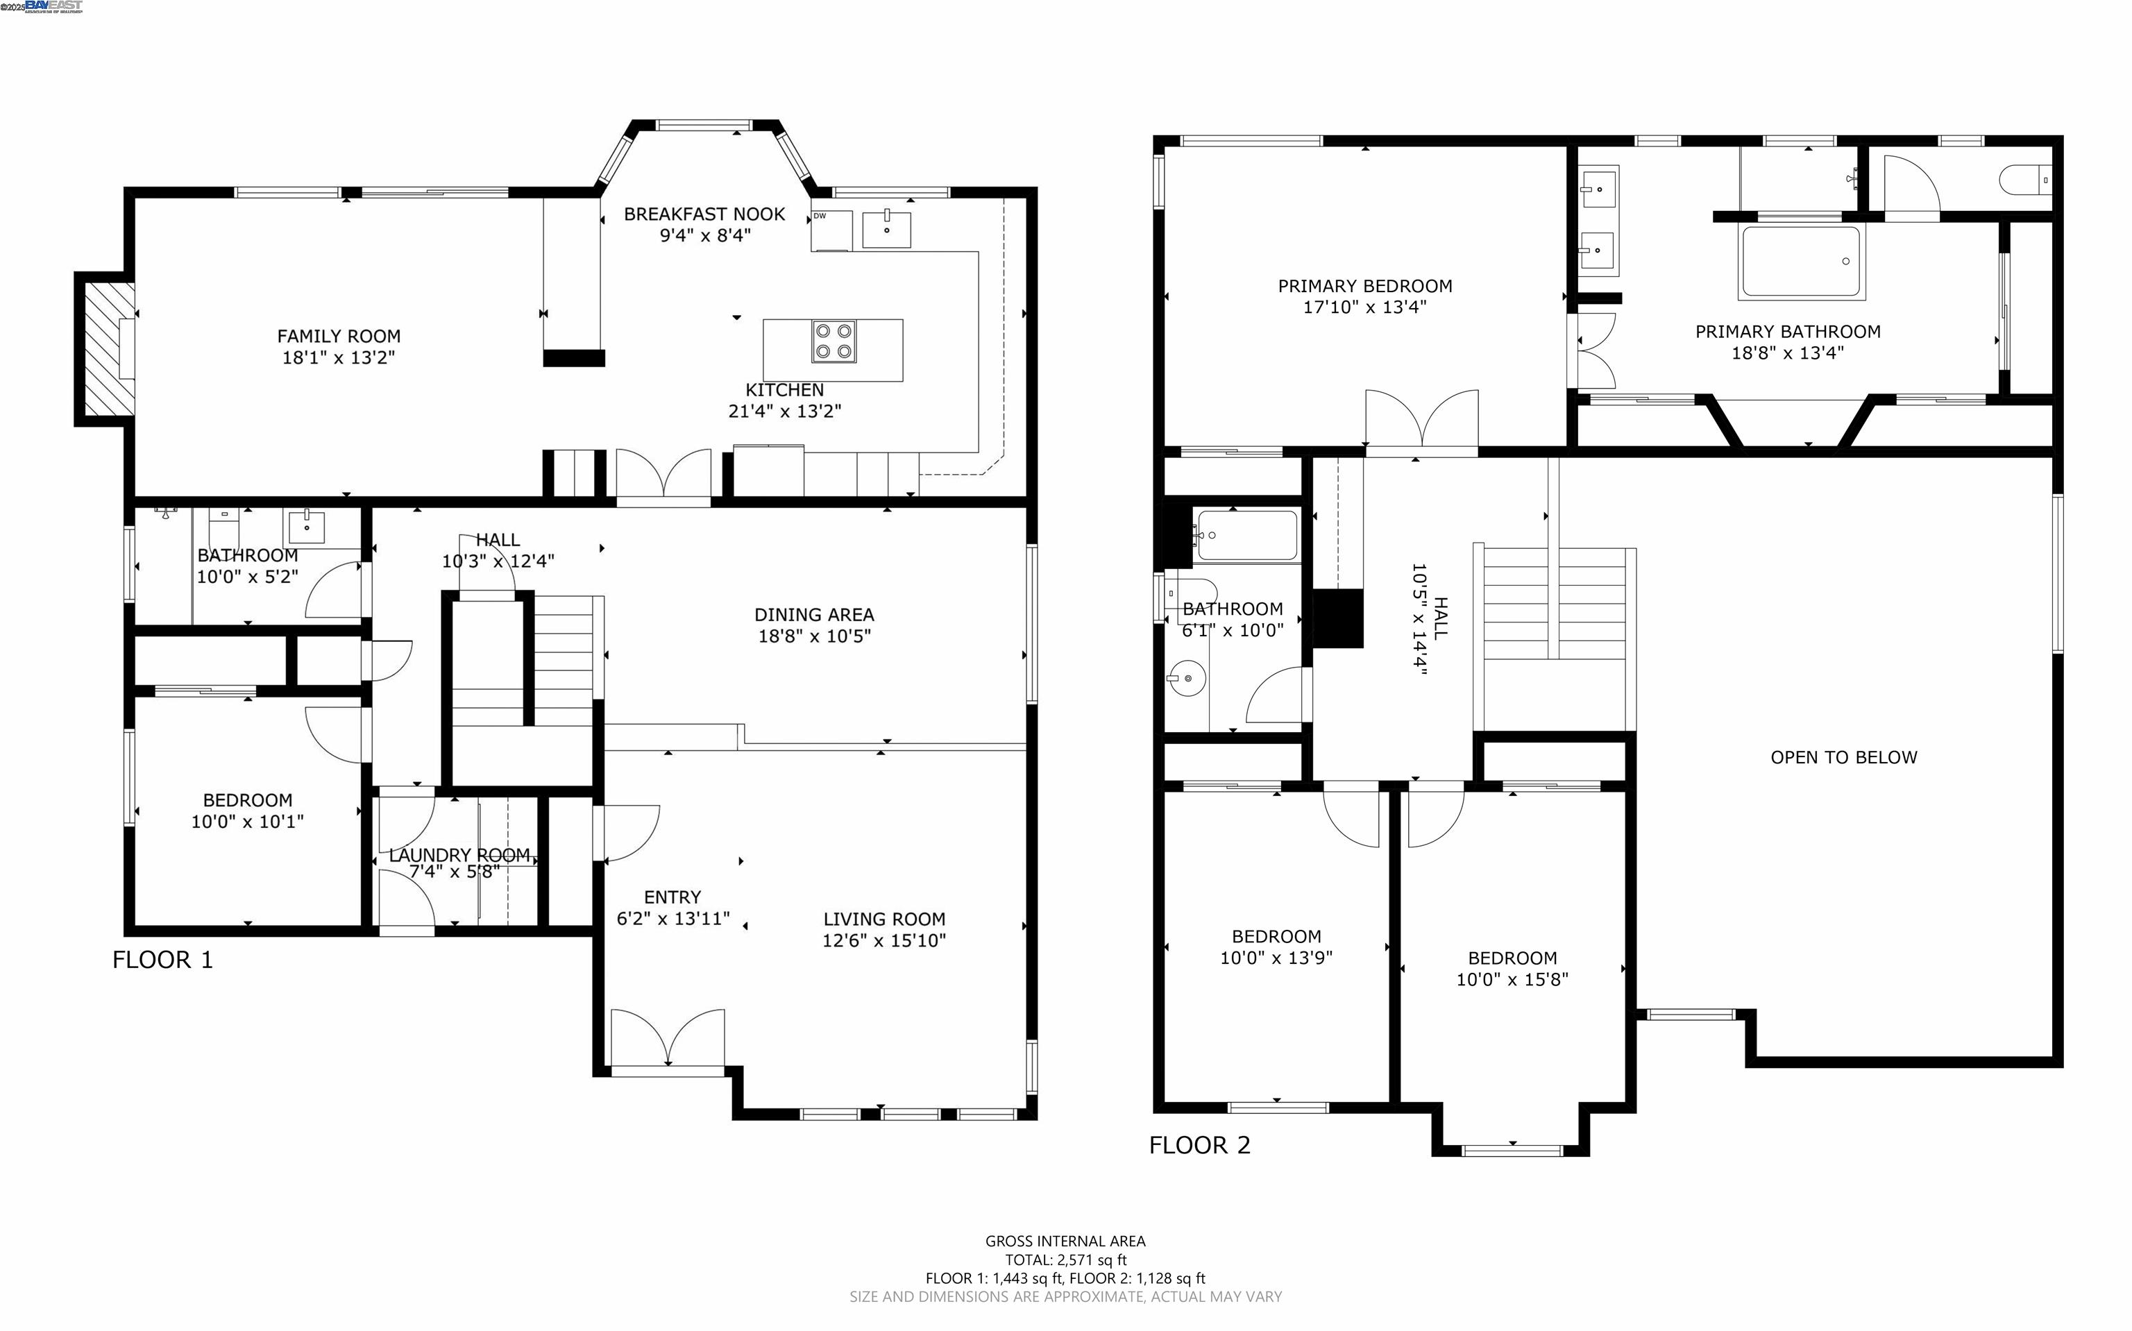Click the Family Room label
pos(339,337)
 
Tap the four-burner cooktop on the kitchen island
pos(834,341)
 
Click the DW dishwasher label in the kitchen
pos(820,216)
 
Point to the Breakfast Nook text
pos(704,214)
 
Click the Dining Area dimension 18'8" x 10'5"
pos(814,636)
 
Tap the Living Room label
pos(883,919)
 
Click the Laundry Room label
pos(459,855)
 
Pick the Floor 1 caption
pos(163,960)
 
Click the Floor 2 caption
pos(1200,1145)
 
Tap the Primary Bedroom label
pos(1365,286)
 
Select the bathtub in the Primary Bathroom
pos(1801,262)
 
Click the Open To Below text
pos(1843,757)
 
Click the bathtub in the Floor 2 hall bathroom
pos(1246,535)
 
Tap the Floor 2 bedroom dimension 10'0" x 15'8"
pos(1512,979)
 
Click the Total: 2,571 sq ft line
pos(1065,1260)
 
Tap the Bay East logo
pos(53,6)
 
